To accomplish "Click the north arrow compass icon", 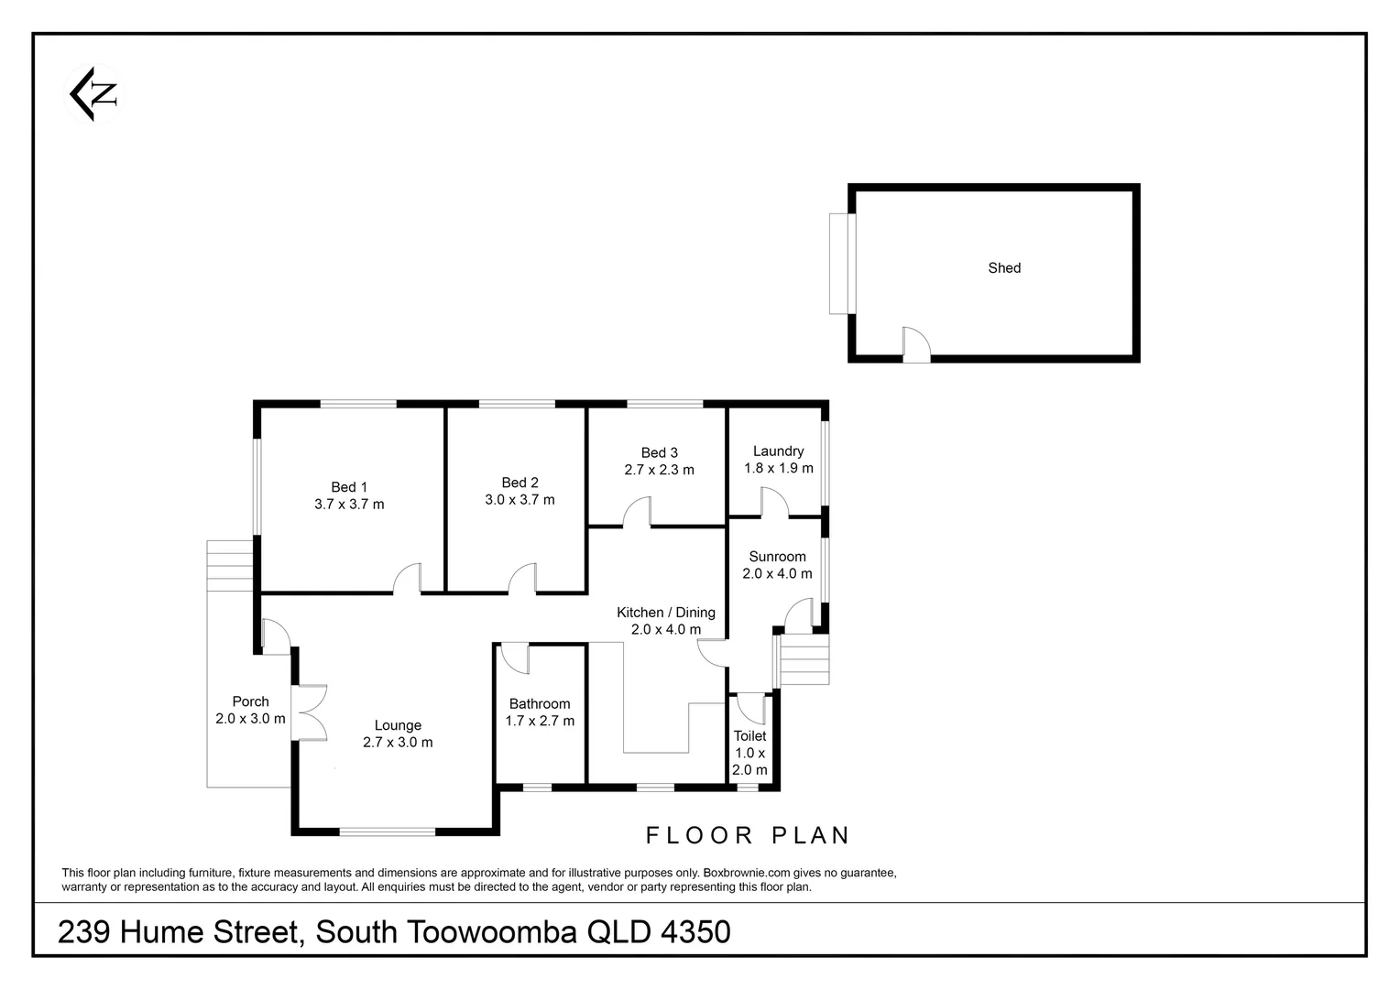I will click(94, 93).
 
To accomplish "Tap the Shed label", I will click(1003, 268).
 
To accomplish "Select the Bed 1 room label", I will click(349, 487).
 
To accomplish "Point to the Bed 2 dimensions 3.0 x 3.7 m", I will click(520, 500).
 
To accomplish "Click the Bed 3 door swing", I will click(637, 513).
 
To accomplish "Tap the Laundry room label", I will click(778, 451).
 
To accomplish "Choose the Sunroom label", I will click(777, 557).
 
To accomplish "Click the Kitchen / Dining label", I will click(665, 613).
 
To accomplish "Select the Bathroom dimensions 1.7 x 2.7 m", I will click(540, 721).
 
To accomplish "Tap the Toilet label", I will click(749, 736).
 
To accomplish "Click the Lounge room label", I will click(397, 725).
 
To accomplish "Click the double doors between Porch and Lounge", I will click(312, 712).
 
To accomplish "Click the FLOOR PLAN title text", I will click(749, 835).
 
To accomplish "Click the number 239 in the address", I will click(84, 932).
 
